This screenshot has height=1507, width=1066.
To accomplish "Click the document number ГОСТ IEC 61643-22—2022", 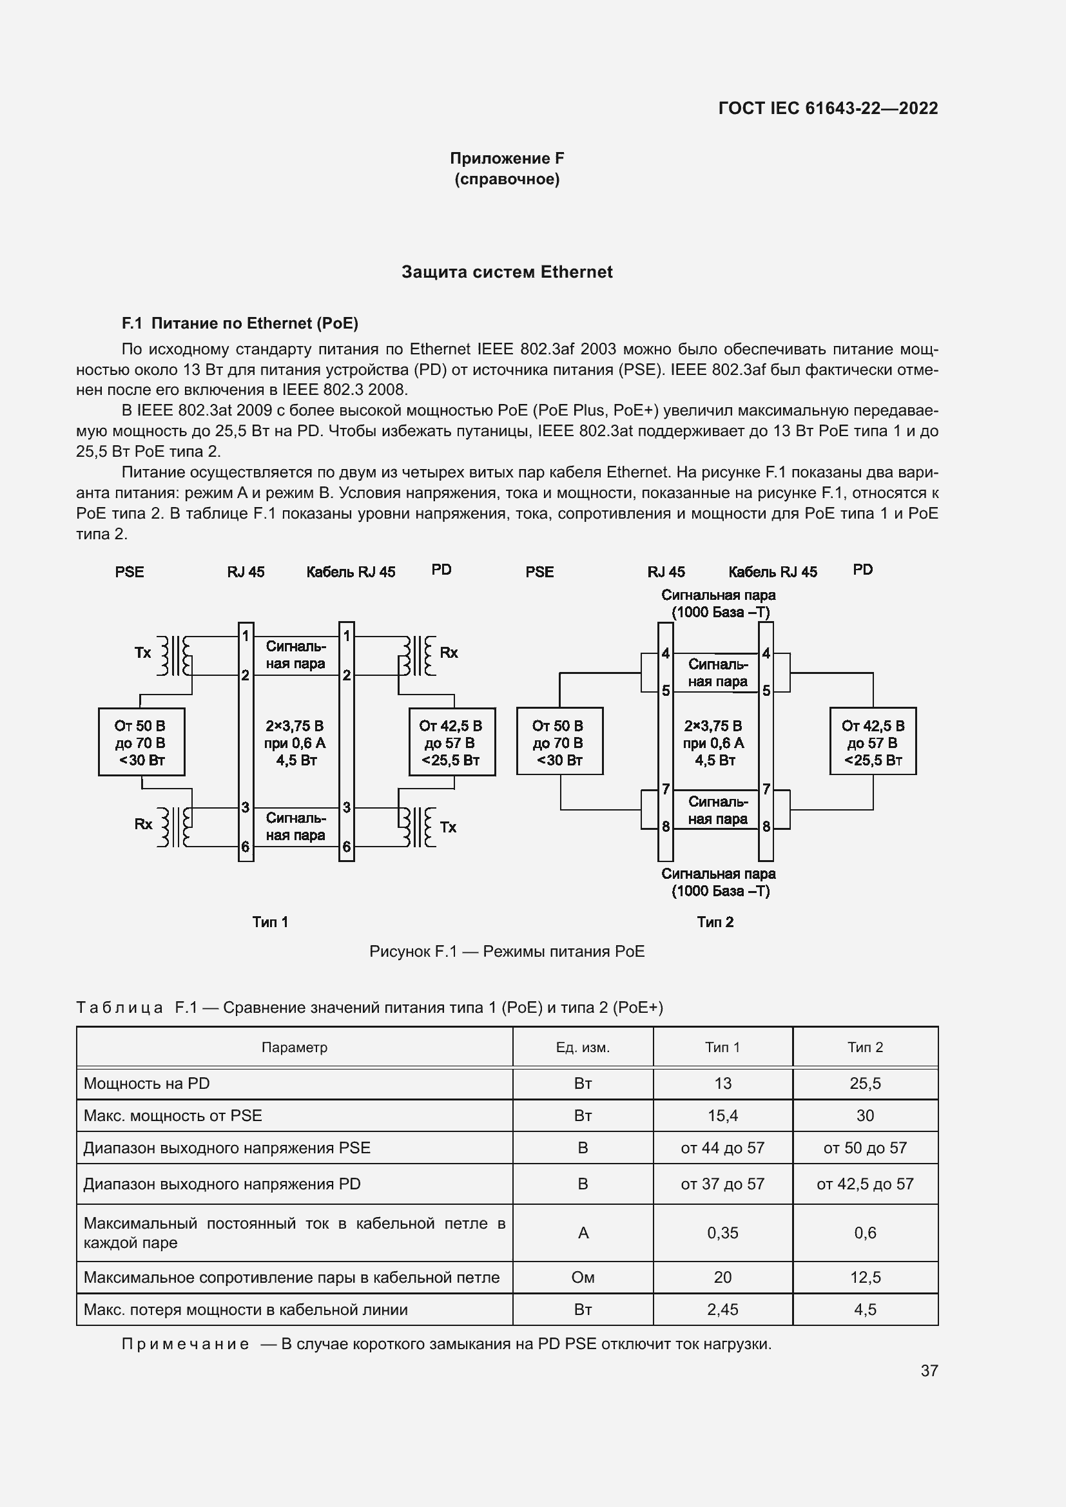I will pos(828,108).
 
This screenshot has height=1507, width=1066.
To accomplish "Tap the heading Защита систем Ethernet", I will pos(507,273).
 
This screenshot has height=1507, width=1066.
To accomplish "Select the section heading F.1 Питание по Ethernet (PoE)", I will pos(240,323).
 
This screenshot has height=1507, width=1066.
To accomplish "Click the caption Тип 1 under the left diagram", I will pos(270,922).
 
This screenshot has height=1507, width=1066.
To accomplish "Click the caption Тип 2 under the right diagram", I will pos(715,922).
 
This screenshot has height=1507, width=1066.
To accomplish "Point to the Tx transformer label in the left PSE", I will pos(142,653).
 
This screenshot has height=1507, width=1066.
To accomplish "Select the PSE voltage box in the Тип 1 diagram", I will pos(141,742).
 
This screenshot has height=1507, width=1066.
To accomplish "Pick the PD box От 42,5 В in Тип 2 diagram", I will pos(873,742).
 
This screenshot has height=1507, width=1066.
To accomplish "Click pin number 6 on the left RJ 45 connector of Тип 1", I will pos(245,847).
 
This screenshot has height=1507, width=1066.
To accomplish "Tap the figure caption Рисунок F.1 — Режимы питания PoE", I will pos(507,952).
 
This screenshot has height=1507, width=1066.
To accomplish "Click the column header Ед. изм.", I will pos(583,1048).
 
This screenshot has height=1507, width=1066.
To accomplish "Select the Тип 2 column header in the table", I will pos(865,1048).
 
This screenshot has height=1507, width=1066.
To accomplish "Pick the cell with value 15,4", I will pos(722,1116).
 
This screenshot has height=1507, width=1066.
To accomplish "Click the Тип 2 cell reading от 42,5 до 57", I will pos(865,1184).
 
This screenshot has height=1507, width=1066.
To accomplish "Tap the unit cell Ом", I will pos(583,1277).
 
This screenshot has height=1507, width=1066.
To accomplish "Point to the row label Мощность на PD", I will pos(146,1084).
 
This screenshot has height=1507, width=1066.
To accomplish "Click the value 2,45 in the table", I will pos(722,1309).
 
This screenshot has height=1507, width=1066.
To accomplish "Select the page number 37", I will pos(929,1370).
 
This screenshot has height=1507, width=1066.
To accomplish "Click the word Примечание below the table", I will pos(185,1344).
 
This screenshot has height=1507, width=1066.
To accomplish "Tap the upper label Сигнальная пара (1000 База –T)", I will pos(718,604).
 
